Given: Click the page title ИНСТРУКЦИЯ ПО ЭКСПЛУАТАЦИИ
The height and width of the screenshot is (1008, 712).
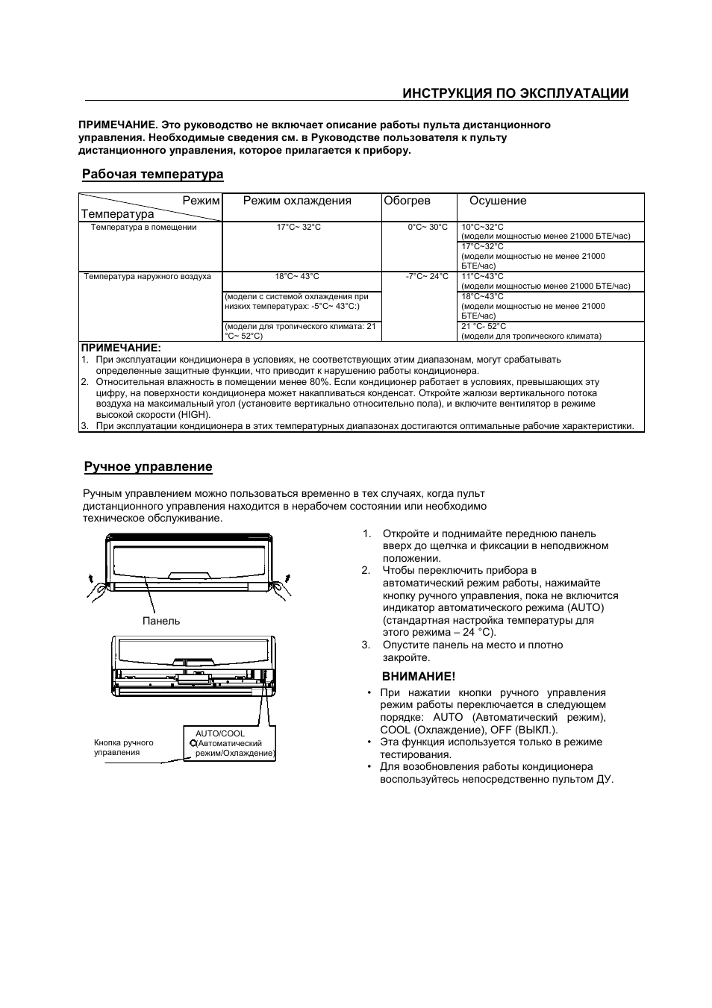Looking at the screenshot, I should click(515, 93).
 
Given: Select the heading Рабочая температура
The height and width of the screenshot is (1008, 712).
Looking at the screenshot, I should click(152, 175).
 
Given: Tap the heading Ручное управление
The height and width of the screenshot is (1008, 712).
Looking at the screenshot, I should click(148, 467).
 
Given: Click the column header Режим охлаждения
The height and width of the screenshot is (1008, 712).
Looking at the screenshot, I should click(297, 201).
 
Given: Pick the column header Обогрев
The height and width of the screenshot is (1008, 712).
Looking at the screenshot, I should click(407, 201).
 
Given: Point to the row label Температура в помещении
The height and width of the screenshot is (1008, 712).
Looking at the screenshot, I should click(144, 227).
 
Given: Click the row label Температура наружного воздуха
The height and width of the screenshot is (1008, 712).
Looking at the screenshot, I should click(148, 277).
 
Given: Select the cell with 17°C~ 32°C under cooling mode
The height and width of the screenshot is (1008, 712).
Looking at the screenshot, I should click(299, 227).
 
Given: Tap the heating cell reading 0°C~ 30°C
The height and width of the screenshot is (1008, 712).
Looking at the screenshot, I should click(428, 227).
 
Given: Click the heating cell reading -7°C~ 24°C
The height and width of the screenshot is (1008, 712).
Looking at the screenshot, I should click(427, 277).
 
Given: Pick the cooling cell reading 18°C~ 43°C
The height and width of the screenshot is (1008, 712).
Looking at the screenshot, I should click(297, 277).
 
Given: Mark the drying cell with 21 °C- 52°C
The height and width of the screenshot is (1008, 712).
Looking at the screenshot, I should click(484, 326).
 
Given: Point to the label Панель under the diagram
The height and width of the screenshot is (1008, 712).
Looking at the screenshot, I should click(161, 621).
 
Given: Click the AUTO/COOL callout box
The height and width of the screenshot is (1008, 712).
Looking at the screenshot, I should click(230, 744).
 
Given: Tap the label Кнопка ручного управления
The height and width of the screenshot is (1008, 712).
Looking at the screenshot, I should click(124, 747).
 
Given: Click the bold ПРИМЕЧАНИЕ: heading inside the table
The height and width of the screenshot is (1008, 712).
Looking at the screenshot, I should click(121, 348).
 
